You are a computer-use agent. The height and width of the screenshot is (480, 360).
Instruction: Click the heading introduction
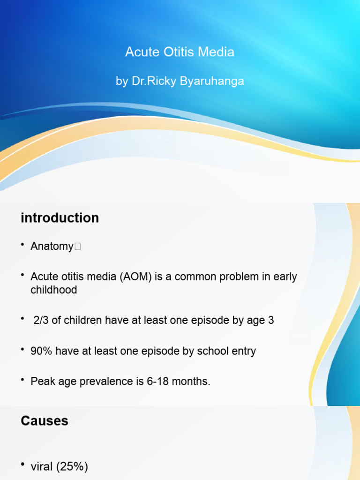60,218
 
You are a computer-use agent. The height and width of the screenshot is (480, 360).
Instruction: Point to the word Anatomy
52,247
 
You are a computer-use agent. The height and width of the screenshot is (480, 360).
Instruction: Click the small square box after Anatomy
77,247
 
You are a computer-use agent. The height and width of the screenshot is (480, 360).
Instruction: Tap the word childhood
53,290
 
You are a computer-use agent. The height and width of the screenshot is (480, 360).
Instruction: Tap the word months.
194,382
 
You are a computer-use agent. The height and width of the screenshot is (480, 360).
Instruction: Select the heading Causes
45,421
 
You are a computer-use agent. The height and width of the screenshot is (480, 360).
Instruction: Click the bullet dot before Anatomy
22,246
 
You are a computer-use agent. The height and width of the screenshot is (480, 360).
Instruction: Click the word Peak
42,382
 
